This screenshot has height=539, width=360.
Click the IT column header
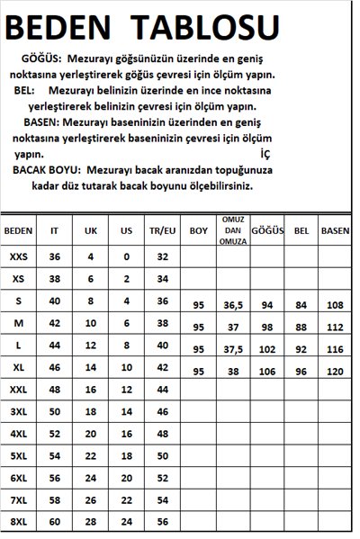[x=54, y=231]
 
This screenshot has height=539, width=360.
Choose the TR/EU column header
[x=163, y=231]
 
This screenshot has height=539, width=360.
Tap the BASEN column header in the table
[x=335, y=231]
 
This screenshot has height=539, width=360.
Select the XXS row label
[x=18, y=256]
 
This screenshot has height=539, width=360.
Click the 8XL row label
[x=18, y=522]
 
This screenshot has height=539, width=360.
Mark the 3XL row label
[x=18, y=411]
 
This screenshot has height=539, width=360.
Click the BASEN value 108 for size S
[x=336, y=305]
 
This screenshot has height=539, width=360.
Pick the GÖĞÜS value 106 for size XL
[x=267, y=371]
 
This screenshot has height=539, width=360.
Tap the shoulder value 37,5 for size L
[x=232, y=349]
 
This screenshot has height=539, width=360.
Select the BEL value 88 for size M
[x=301, y=327]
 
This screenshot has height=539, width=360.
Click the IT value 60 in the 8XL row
[x=54, y=522]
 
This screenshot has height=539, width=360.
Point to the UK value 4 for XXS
[x=90, y=256]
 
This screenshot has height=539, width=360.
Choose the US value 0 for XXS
[x=126, y=256]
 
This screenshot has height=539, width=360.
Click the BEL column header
[x=301, y=231]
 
